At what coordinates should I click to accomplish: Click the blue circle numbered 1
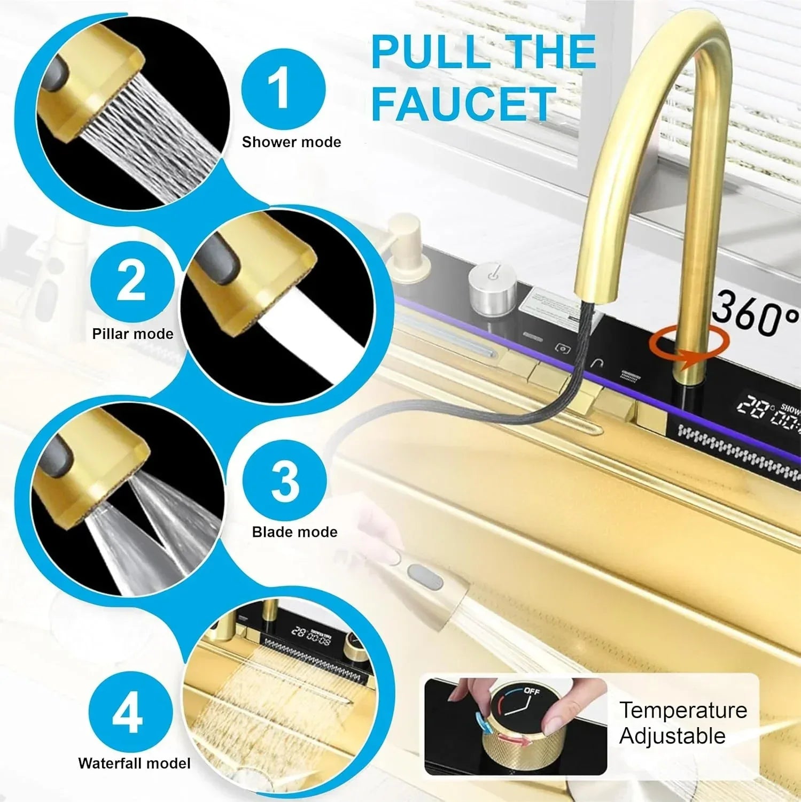[283, 89]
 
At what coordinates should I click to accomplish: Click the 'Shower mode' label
[291, 142]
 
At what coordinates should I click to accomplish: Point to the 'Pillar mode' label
[133, 334]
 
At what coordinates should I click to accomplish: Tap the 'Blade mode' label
[294, 532]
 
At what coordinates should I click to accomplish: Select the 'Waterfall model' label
[134, 763]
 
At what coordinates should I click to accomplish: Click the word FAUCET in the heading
[463, 104]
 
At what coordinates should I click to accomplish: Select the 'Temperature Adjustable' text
[682, 723]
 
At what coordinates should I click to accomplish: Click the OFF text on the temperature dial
[532, 691]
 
